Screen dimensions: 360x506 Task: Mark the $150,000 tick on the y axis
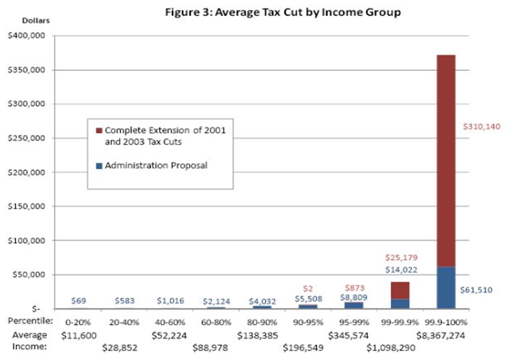[28, 207]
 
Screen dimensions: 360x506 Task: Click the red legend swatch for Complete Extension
[99, 131]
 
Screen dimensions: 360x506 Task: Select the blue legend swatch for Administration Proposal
[99, 165]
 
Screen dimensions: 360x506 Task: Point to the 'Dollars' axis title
[23, 19]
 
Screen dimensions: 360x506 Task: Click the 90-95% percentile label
[306, 320]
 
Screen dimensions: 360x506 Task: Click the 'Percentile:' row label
[29, 320]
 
